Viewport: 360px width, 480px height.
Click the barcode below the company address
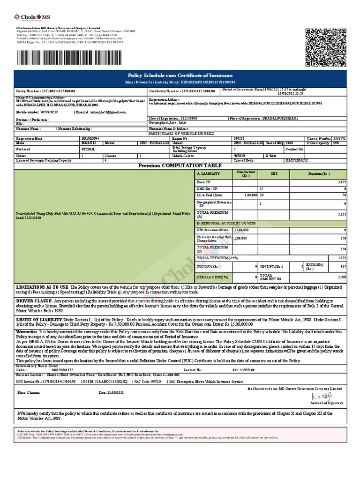(73, 58)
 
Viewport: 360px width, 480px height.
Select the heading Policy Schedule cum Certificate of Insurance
(180, 75)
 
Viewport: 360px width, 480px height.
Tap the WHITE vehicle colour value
(240, 155)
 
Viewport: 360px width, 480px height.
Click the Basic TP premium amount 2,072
(341, 181)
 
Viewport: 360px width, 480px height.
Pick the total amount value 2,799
(341, 277)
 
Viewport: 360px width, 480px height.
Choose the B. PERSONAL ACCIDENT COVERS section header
(226, 223)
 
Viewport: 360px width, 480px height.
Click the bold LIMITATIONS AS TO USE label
(43, 286)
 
